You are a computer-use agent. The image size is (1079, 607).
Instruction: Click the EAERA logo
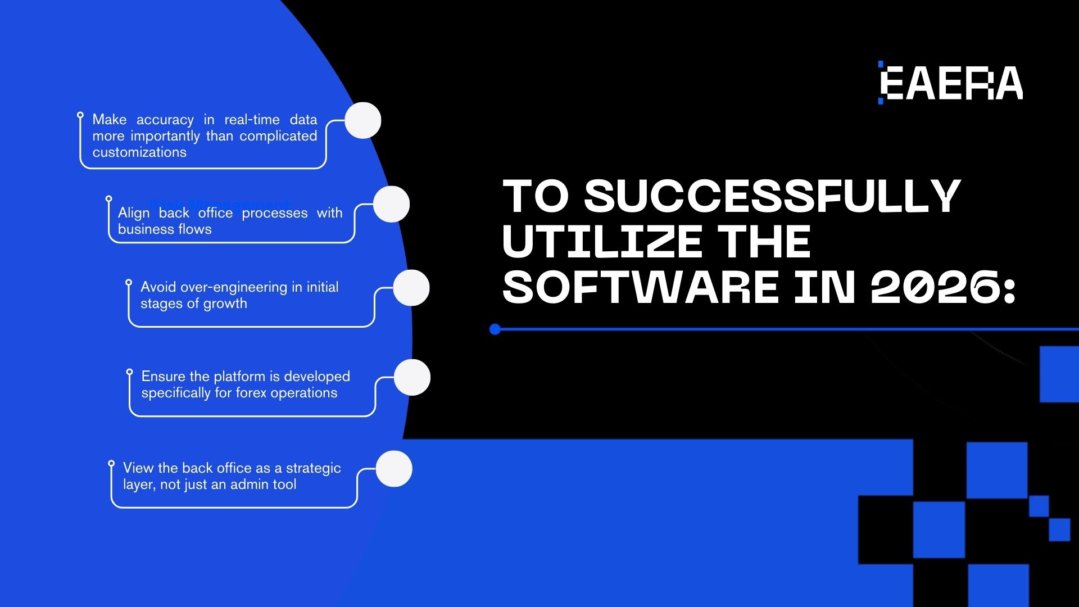point(951,83)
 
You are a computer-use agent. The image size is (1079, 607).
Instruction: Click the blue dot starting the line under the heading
point(495,329)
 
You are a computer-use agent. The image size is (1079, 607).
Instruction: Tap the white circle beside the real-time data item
point(362,120)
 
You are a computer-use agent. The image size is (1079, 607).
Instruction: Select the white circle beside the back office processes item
point(391,204)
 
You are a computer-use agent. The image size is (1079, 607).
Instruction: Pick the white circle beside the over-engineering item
point(411,288)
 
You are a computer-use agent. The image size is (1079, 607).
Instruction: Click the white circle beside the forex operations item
point(412,377)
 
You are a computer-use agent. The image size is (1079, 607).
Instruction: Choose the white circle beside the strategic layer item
point(394,469)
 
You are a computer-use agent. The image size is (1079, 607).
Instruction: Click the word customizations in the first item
point(139,152)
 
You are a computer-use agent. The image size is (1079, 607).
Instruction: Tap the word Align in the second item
point(134,213)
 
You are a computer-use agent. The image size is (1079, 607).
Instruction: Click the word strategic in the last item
point(313,468)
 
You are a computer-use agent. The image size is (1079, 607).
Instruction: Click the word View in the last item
point(138,468)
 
